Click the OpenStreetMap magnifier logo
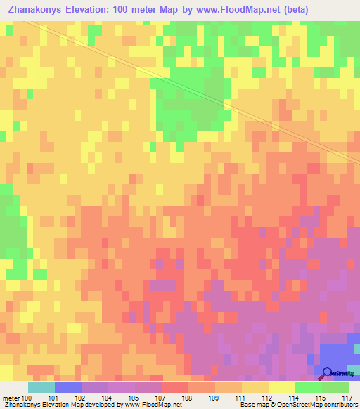pos(328,373)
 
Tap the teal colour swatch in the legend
pos(41,387)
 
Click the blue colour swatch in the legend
pos(68,387)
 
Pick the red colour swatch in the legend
pos(175,387)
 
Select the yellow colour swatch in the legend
pos(282,387)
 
